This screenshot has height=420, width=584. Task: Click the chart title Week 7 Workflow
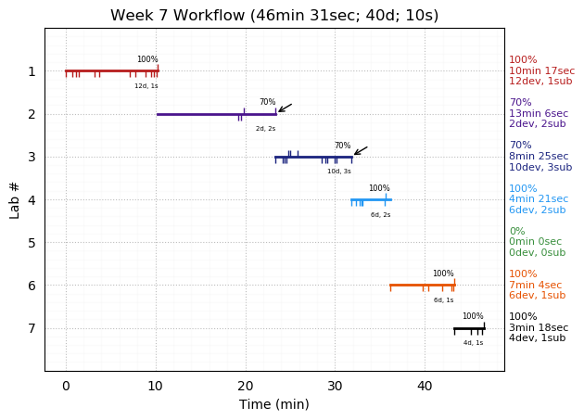click(274, 16)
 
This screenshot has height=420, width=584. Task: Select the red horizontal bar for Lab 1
click(111, 70)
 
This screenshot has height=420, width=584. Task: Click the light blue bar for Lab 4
click(371, 199)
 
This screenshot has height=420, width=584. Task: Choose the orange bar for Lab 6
click(422, 285)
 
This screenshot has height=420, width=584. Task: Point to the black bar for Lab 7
click(469, 328)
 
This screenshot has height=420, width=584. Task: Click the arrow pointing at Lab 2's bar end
click(285, 108)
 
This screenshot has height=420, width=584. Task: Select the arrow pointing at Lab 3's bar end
click(361, 150)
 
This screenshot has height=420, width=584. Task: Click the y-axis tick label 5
click(32, 243)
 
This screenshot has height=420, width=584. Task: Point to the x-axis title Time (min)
click(274, 404)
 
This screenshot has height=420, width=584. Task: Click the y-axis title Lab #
click(15, 199)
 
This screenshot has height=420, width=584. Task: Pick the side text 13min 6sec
click(539, 114)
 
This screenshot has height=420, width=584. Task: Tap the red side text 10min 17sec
click(541, 70)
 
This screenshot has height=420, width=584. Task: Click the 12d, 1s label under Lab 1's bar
click(146, 86)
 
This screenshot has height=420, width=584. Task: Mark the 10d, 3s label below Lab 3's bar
click(338, 172)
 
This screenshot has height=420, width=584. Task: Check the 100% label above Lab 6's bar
click(443, 274)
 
